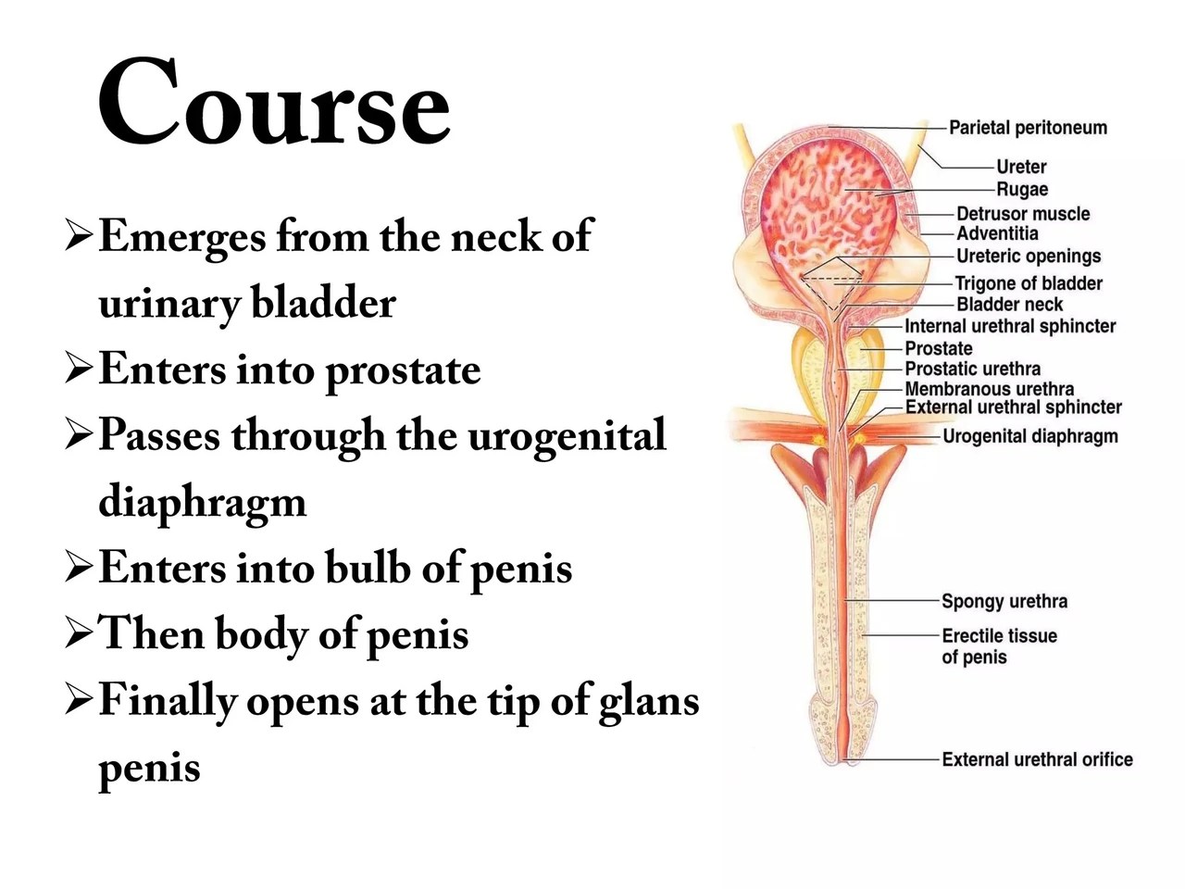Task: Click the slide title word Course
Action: [x=273, y=101]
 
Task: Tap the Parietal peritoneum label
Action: [x=1028, y=128]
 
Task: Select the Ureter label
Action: [x=1021, y=167]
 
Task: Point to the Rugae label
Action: [x=1022, y=190]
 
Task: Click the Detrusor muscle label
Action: [x=1023, y=214]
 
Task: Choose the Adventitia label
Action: [x=997, y=233]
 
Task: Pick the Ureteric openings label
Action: [x=1029, y=257]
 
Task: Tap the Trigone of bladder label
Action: [x=1029, y=283]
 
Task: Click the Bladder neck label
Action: [x=1009, y=305]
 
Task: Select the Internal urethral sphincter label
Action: [x=1010, y=326]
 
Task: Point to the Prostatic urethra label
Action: [x=972, y=369]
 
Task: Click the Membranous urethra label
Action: [x=989, y=389]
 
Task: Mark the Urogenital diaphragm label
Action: [x=1030, y=436]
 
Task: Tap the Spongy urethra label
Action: [x=1004, y=601]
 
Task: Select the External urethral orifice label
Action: [x=1037, y=759]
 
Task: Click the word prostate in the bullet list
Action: [x=404, y=371]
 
